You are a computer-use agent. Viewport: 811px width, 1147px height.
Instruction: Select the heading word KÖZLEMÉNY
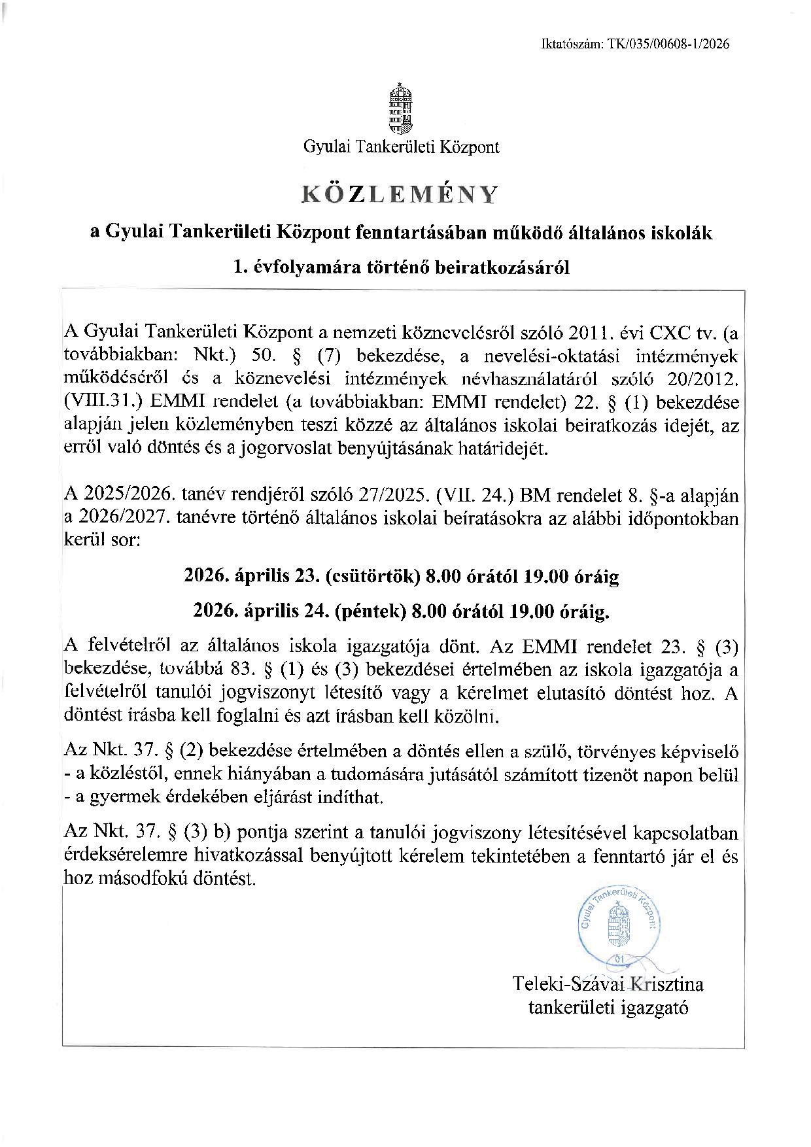coord(400,194)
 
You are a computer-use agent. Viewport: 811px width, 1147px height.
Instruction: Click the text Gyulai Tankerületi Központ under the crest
coord(401,147)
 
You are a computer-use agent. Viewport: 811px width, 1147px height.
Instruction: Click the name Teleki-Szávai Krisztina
coord(609,984)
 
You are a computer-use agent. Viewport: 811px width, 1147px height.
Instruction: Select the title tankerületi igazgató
coord(608,1007)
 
